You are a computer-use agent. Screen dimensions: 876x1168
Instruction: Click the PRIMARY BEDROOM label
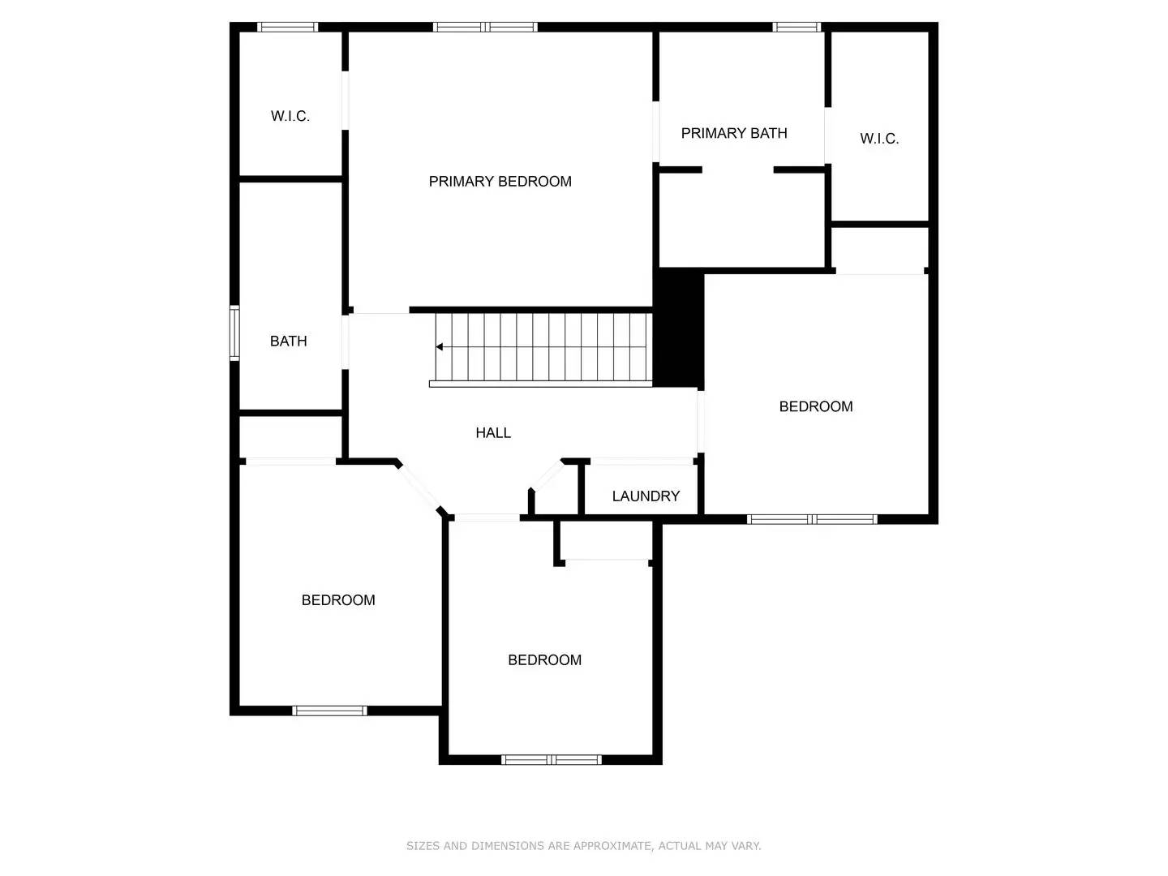500,182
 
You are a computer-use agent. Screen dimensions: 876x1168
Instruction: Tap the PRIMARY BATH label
733,133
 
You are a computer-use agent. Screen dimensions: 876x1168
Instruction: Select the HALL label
493,433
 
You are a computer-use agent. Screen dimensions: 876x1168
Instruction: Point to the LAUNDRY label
646,496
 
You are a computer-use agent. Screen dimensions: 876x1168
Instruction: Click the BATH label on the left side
288,341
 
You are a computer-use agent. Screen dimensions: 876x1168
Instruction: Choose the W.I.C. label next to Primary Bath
879,139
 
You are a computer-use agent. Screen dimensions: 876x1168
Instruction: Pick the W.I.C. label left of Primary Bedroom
290,116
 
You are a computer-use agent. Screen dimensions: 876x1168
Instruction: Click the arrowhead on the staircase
439,347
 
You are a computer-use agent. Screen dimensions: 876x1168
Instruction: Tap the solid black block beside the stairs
678,328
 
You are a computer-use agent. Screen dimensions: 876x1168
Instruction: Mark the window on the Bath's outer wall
234,333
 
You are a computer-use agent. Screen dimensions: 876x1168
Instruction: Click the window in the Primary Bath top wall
797,27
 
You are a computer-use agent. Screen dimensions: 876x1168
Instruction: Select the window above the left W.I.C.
287,27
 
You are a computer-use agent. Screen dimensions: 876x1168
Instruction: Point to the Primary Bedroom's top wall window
485,27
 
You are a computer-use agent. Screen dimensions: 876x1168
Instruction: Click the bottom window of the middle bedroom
551,760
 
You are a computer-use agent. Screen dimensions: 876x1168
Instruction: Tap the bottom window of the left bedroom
329,711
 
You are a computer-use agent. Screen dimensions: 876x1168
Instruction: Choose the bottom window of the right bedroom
812,519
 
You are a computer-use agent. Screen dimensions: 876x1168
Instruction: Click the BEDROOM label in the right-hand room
815,406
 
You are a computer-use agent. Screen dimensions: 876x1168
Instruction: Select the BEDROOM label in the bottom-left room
338,600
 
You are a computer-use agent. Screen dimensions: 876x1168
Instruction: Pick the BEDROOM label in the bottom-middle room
544,660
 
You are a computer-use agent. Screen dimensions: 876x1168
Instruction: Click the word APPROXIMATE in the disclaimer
612,846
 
